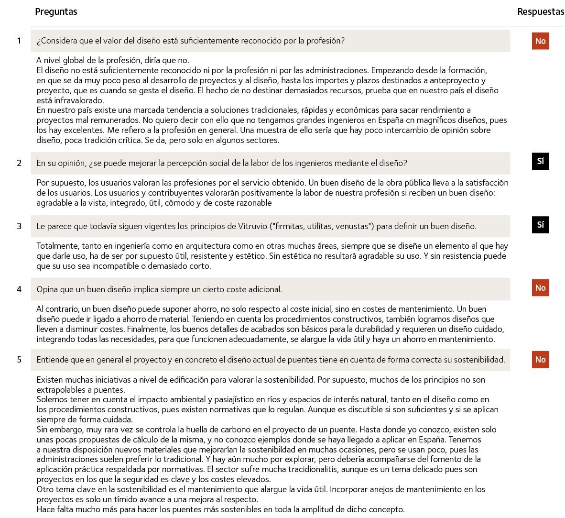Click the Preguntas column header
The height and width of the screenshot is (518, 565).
coord(56,12)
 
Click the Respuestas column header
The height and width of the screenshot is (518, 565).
coord(541,12)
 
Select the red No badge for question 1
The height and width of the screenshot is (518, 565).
coord(540,41)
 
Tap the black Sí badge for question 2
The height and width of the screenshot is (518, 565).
coord(540,161)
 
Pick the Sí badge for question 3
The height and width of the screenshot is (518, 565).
coord(540,225)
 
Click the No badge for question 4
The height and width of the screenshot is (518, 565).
coord(540,288)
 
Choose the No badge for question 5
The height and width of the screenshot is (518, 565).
coord(540,360)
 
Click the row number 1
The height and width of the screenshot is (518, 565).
coord(19,41)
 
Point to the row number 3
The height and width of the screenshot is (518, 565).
coord(19,226)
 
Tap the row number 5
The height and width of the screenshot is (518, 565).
coord(19,360)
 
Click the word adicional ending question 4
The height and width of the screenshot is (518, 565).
coord(264,289)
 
